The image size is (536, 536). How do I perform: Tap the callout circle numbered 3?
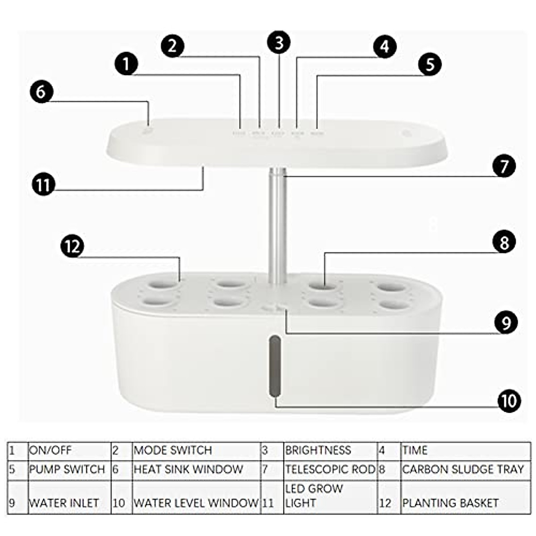pyautogui.click(x=279, y=43)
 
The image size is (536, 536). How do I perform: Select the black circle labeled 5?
pyautogui.click(x=430, y=64)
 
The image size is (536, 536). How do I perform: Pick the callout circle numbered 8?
pyautogui.click(x=504, y=243)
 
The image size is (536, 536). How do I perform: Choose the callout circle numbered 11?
pyautogui.click(x=43, y=184)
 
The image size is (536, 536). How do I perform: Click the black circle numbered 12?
pyautogui.click(x=72, y=246)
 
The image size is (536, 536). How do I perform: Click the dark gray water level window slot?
pyautogui.click(x=274, y=366)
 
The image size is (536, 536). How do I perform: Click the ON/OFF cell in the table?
pyautogui.click(x=50, y=450)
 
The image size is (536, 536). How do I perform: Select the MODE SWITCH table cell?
pyautogui.click(x=173, y=450)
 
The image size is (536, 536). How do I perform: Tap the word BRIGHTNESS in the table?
pyautogui.click(x=318, y=450)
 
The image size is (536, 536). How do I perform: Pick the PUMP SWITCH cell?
pyautogui.click(x=67, y=469)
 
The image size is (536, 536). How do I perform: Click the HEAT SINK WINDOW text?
pyautogui.click(x=188, y=469)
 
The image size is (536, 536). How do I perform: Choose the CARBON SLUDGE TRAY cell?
pyautogui.click(x=463, y=469)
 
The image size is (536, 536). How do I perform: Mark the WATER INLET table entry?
pyautogui.click(x=64, y=503)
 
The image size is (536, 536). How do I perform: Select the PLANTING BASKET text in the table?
pyautogui.click(x=450, y=503)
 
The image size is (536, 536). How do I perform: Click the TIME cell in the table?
pyautogui.click(x=415, y=450)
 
